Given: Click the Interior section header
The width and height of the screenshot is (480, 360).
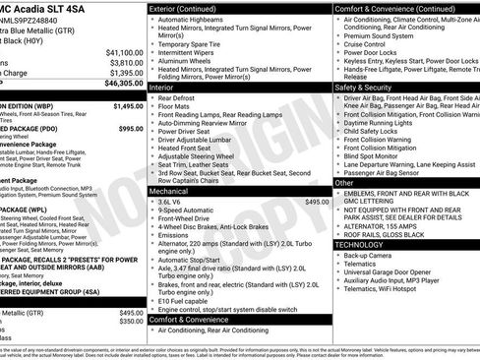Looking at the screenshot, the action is click(163, 88).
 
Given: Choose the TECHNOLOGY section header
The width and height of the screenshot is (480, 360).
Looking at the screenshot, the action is click(367, 244).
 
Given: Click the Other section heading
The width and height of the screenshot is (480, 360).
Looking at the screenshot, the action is click(344, 182).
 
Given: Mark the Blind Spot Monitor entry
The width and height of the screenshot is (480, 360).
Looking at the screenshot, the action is click(375, 154).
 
